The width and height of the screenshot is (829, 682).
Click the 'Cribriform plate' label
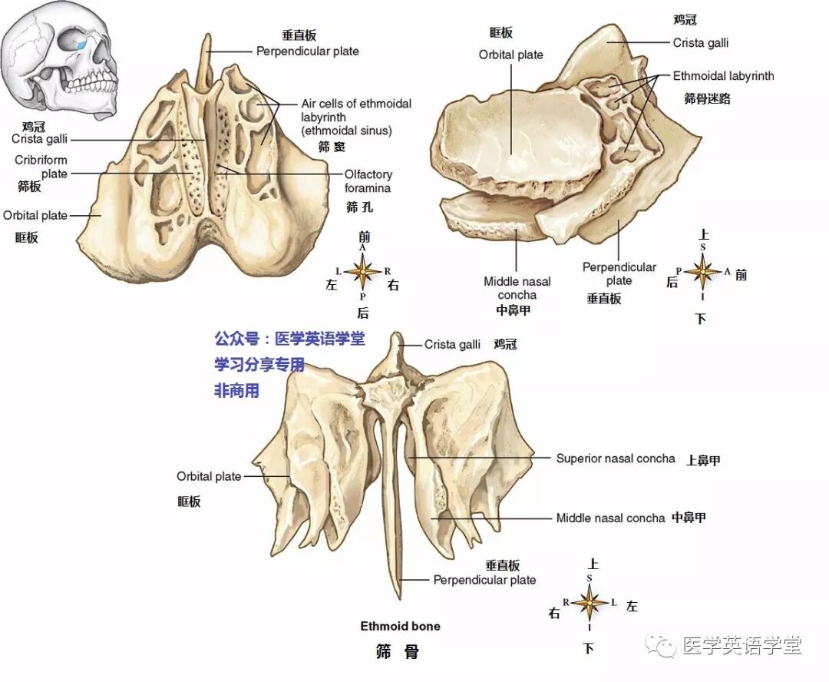click(41, 167)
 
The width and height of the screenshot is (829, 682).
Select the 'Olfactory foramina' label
click(368, 181)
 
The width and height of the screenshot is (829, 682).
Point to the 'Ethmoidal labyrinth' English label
click(723, 76)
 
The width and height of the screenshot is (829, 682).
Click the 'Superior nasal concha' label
click(616, 459)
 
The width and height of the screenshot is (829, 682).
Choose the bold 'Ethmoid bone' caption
click(401, 626)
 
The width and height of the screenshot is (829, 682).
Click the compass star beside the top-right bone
click(702, 271)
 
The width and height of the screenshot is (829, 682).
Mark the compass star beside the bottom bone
click(590, 602)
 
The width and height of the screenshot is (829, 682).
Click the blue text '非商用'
click(236, 391)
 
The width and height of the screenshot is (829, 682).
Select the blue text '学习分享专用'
click(259, 365)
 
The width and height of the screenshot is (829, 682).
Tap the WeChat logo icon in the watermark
click(662, 645)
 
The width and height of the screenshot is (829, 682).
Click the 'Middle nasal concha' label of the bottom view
click(610, 518)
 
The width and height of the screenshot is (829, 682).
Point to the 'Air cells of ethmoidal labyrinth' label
click(356, 117)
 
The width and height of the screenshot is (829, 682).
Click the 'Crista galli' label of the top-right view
click(701, 43)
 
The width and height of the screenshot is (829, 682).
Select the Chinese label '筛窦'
click(332, 146)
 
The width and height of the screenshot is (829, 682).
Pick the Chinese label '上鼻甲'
click(703, 461)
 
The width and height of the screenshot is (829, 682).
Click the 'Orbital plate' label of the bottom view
click(209, 476)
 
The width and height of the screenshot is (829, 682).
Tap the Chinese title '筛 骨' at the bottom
click(398, 653)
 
